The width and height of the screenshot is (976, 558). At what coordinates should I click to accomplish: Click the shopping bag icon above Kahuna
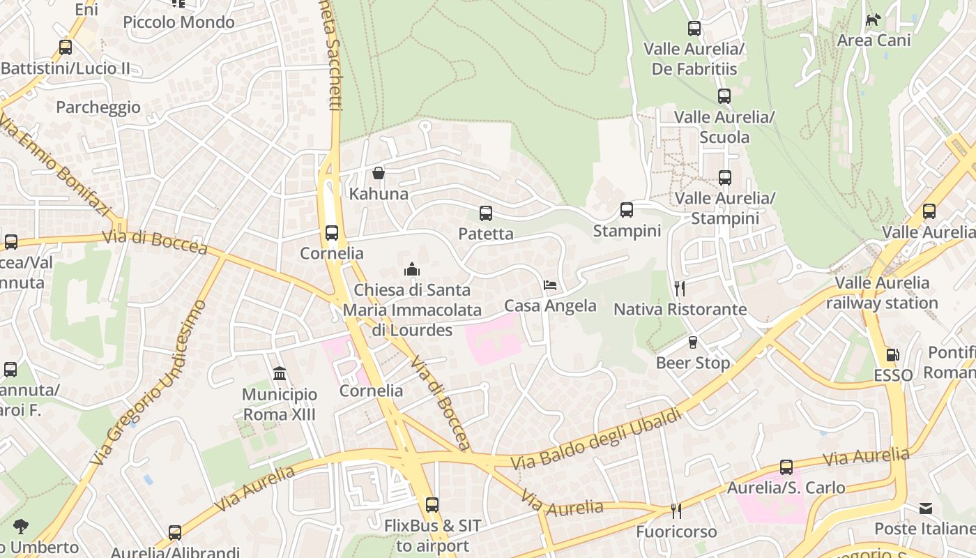click(379, 173)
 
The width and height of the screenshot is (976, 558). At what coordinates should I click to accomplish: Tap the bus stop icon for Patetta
click(486, 213)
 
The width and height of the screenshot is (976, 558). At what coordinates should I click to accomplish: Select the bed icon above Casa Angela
click(550, 285)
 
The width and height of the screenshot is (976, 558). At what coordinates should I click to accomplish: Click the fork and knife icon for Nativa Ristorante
click(680, 289)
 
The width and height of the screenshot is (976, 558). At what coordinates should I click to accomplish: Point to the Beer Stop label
click(693, 363)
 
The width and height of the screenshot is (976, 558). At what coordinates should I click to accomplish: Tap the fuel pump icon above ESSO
click(893, 355)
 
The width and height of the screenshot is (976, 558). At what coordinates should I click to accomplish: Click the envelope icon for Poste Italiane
click(926, 508)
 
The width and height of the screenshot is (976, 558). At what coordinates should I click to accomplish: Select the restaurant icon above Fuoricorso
click(676, 511)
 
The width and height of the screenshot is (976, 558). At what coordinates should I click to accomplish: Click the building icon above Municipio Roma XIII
click(280, 375)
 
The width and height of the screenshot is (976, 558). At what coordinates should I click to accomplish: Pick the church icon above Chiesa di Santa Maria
click(412, 269)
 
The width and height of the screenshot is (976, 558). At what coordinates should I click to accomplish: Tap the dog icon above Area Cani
click(874, 20)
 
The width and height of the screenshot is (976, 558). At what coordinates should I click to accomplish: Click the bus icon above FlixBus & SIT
click(432, 505)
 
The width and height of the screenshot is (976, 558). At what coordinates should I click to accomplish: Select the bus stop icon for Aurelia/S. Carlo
click(786, 467)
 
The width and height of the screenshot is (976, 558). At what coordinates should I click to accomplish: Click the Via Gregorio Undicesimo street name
click(149, 383)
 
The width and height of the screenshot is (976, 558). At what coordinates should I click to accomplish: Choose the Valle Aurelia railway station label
click(883, 293)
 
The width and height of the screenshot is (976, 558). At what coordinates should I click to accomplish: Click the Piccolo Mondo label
click(179, 22)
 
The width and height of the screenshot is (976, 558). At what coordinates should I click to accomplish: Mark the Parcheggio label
click(98, 107)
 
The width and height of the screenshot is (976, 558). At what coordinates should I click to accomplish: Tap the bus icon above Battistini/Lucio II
click(66, 47)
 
